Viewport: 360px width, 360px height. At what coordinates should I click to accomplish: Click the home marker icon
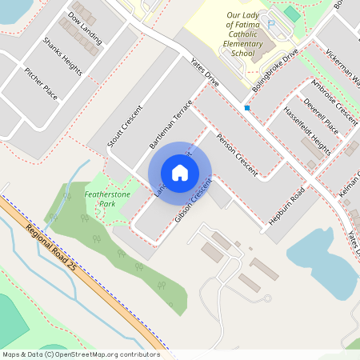pyautogui.click(x=180, y=173)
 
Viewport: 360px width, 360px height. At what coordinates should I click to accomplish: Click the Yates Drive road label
pyautogui.click(x=205, y=72)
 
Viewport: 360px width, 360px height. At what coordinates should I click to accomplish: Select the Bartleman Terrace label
pyautogui.click(x=170, y=125)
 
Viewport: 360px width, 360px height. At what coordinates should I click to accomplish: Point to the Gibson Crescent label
pyautogui.click(x=193, y=201)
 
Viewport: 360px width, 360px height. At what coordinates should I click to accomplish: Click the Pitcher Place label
pyautogui.click(x=40, y=82)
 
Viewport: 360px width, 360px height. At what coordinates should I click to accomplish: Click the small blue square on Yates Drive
pyautogui.click(x=247, y=107)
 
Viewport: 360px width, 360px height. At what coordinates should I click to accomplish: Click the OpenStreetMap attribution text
pyautogui.click(x=80, y=354)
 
